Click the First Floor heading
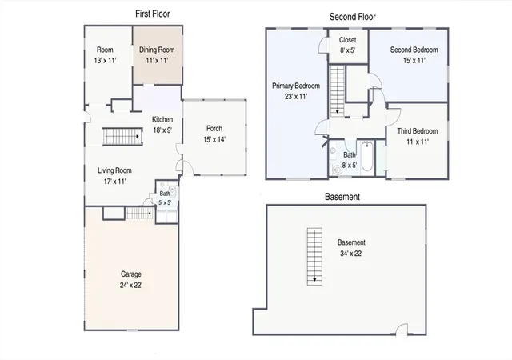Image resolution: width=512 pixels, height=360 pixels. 153,14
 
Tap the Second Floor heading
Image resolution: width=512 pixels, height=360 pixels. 352,17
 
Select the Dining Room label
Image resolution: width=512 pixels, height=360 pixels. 157,50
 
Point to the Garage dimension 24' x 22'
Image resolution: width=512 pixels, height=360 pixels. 131,285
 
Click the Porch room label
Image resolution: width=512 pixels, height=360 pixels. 214,128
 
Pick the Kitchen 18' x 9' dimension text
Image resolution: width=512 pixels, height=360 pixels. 162,130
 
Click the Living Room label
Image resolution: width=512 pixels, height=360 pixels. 114,170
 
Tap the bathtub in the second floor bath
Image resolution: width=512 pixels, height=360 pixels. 367,157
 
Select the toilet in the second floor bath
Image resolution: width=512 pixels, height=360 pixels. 337,170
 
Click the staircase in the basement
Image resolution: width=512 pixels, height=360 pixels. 314,257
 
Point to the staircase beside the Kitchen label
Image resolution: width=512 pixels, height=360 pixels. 122,136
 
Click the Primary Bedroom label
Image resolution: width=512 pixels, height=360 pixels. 296,86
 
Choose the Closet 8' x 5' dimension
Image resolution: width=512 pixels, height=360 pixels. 347,50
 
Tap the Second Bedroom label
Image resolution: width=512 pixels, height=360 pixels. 414,50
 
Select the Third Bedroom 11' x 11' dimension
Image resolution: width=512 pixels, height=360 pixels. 418,142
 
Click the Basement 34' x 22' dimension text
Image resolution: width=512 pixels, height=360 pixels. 351,253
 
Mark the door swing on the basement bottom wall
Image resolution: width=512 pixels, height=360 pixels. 402,330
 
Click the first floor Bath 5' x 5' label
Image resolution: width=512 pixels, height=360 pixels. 165,198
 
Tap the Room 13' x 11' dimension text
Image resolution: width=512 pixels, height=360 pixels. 105,61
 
